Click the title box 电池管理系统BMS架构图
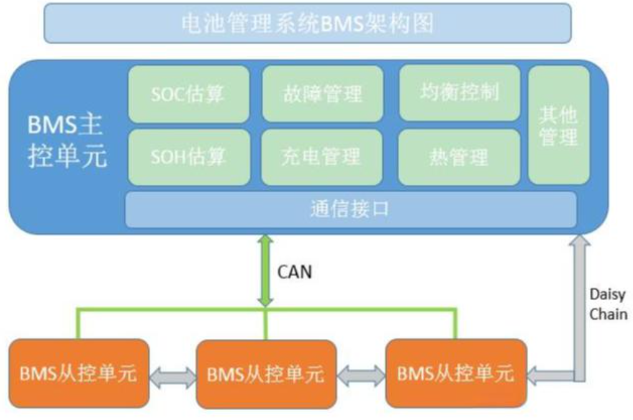tap(307, 23)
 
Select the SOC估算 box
tap(188, 94)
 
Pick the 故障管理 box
tap(322, 94)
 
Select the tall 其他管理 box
tap(559, 125)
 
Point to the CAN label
tap(294, 273)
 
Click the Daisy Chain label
tap(608, 304)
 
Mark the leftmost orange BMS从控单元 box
tap(79, 373)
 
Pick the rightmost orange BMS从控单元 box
tap(456, 373)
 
